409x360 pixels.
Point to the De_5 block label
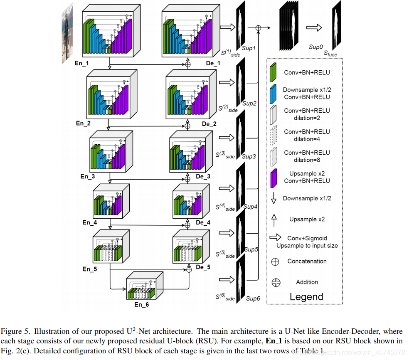pyautogui.click(x=203, y=267)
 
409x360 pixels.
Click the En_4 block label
pyautogui.click(x=89, y=222)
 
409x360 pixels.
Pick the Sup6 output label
pyautogui.click(x=253, y=298)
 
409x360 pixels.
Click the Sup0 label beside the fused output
pyautogui.click(x=316, y=47)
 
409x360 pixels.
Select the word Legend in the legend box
pyautogui.click(x=306, y=297)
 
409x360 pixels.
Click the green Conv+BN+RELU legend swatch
pyautogui.click(x=273, y=72)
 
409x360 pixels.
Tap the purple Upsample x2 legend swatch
pyautogui.click(x=273, y=177)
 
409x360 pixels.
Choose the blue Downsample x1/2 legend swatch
pyautogui.click(x=273, y=93)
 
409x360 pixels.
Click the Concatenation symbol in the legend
pyautogui.click(x=275, y=261)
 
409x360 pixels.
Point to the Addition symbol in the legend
pyautogui.click(x=275, y=282)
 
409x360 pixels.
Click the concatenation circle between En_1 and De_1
pyautogui.click(x=187, y=64)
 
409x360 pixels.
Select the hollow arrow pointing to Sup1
pyautogui.click(x=227, y=27)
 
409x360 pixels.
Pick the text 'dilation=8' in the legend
pyautogui.click(x=307, y=160)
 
